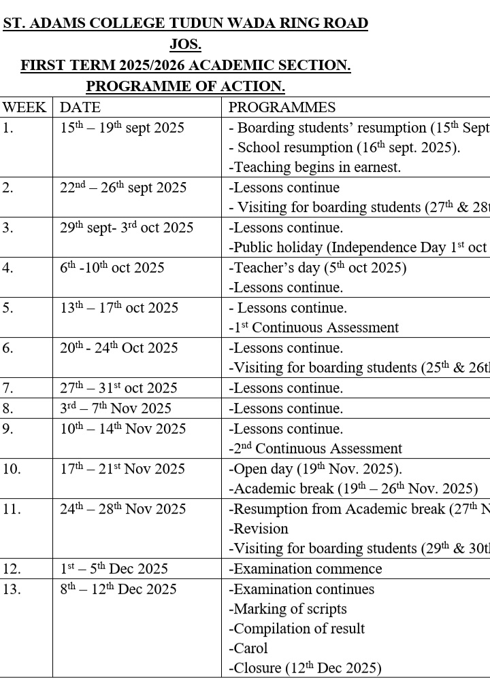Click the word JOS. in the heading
click(x=185, y=45)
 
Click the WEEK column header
click(x=24, y=107)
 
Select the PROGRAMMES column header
click(x=282, y=107)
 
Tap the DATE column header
click(x=80, y=107)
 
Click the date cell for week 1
click(x=122, y=128)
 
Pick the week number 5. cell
click(x=8, y=308)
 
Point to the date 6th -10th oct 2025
click(x=112, y=268)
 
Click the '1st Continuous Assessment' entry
click(x=314, y=328)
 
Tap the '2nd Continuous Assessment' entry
click(x=315, y=449)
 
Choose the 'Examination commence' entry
click(x=306, y=569)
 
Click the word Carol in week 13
click(x=248, y=648)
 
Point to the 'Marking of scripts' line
click(x=288, y=609)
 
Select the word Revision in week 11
click(x=259, y=529)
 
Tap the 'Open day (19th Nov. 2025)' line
click(x=315, y=469)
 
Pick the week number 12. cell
click(x=11, y=569)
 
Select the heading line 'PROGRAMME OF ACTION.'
click(x=185, y=87)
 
